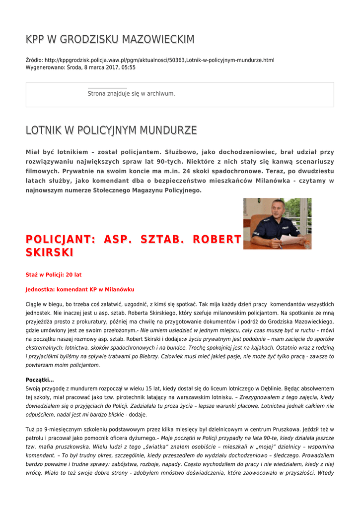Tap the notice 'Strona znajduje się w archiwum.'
pyautogui.click(x=131, y=93)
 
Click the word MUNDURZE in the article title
pyautogui.click(x=169, y=130)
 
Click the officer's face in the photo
pyautogui.click(x=277, y=209)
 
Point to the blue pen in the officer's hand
pyautogui.click(x=278, y=244)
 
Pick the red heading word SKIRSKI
pyautogui.click(x=50, y=253)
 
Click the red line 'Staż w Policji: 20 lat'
pyautogui.click(x=54, y=274)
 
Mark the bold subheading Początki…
pyautogui.click(x=40, y=380)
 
